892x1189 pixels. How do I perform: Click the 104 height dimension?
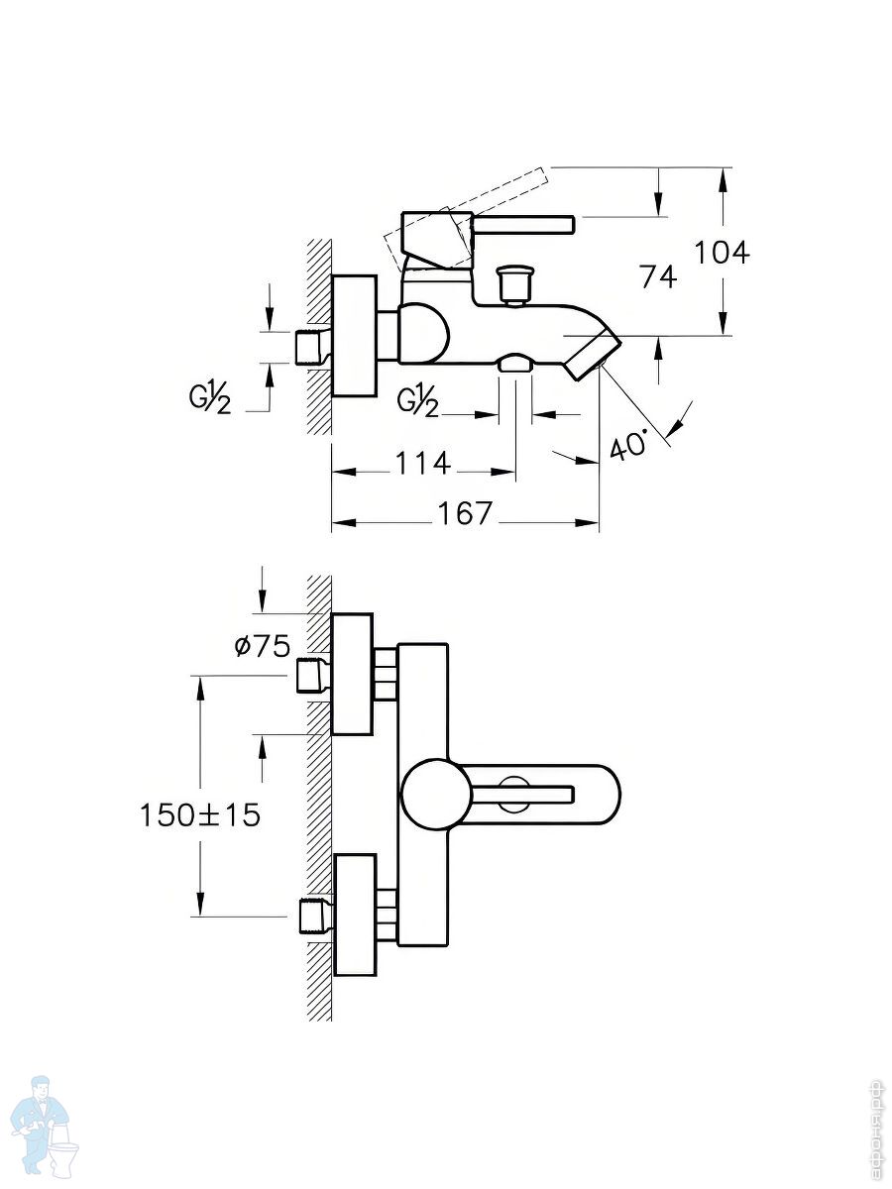click(x=722, y=253)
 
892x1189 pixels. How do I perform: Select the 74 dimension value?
click(x=658, y=276)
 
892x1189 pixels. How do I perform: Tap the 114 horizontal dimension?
click(x=423, y=463)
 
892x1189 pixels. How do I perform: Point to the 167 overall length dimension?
click(x=465, y=513)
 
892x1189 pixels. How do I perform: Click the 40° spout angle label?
click(x=629, y=443)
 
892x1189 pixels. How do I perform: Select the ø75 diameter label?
click(x=263, y=647)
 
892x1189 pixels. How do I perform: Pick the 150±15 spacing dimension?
click(x=200, y=815)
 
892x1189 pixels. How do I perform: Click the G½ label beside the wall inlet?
click(x=210, y=399)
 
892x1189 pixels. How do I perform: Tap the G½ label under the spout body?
click(x=417, y=400)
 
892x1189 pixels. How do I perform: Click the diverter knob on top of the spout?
click(x=514, y=282)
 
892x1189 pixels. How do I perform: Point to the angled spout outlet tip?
click(x=593, y=355)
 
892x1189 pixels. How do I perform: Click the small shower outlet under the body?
click(x=514, y=364)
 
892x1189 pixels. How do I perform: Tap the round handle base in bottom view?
click(x=431, y=795)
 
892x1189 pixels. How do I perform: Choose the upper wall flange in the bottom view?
click(x=352, y=674)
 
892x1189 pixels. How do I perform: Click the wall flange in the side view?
click(x=354, y=336)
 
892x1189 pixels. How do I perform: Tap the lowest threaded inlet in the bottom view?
click(x=312, y=916)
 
